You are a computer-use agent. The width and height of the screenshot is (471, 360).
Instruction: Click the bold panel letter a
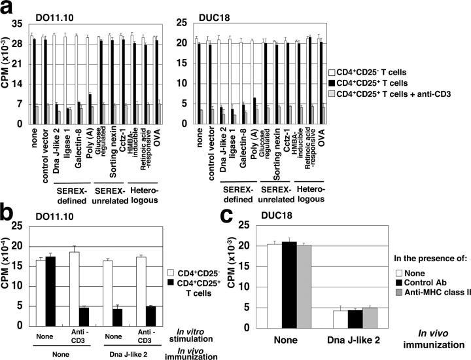click(8, 8)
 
